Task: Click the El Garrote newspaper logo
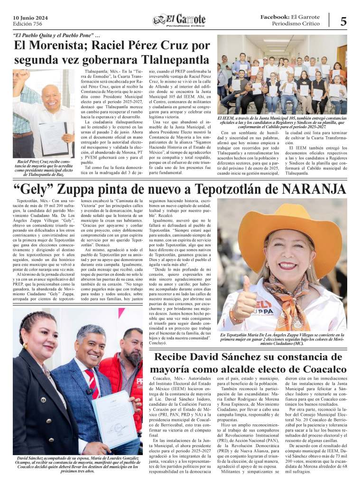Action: click(x=179, y=19)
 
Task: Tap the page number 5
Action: click(x=343, y=21)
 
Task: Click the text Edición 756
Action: click(x=28, y=23)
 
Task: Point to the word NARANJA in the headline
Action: click(x=314, y=189)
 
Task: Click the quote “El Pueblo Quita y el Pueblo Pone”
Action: click(x=54, y=36)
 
